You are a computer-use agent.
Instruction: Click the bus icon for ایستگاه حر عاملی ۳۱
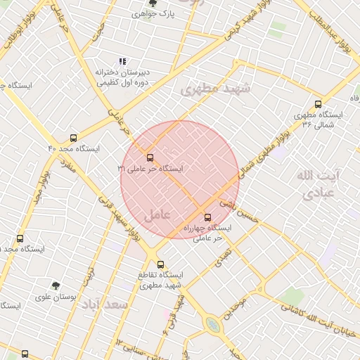150,157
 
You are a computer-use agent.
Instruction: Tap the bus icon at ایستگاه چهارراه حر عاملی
207,217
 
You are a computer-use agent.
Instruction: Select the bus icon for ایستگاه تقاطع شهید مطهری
161,264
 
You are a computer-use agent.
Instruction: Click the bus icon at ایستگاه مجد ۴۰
74,139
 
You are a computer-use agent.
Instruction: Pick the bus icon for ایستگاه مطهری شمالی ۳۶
319,103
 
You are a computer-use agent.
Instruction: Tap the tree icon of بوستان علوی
56,285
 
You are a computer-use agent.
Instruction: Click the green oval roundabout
212,323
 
